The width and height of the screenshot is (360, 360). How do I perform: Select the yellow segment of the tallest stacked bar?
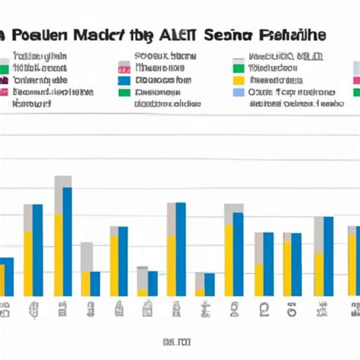(x=58, y=254)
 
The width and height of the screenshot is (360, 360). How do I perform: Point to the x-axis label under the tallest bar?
(x=62, y=308)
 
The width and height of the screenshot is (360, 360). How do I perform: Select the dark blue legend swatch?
(x=124, y=80)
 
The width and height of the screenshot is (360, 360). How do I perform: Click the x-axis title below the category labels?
(x=179, y=341)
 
